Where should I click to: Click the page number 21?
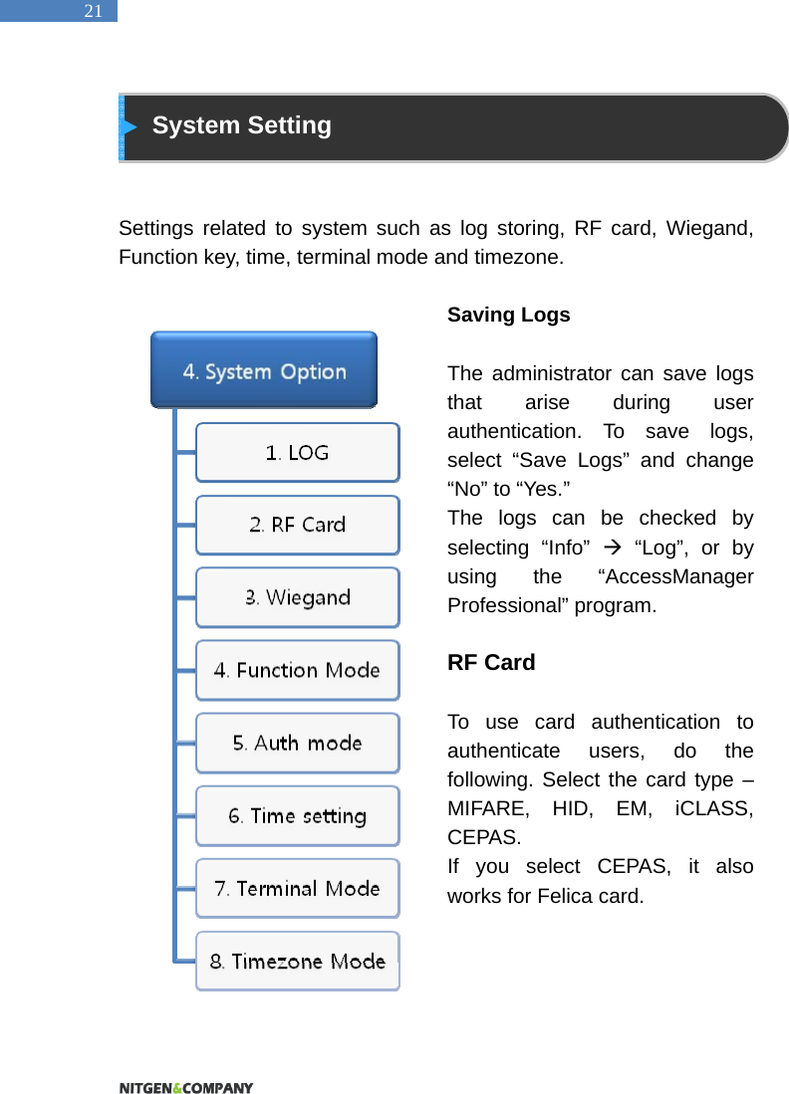[93, 12]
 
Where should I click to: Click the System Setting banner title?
[241, 126]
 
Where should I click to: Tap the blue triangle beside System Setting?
[130, 127]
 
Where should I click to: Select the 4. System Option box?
[264, 371]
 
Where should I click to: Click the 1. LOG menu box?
[297, 453]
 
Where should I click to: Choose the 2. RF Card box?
[297, 525]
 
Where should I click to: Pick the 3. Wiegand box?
[297, 597]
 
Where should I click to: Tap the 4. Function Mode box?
[297, 670]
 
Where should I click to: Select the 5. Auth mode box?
[297, 743]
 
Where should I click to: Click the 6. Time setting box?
[297, 816]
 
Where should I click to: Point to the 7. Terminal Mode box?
[297, 888]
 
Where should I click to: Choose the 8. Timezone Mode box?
[297, 961]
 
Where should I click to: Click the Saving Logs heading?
[508, 316]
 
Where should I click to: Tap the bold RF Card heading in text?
[491, 663]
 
